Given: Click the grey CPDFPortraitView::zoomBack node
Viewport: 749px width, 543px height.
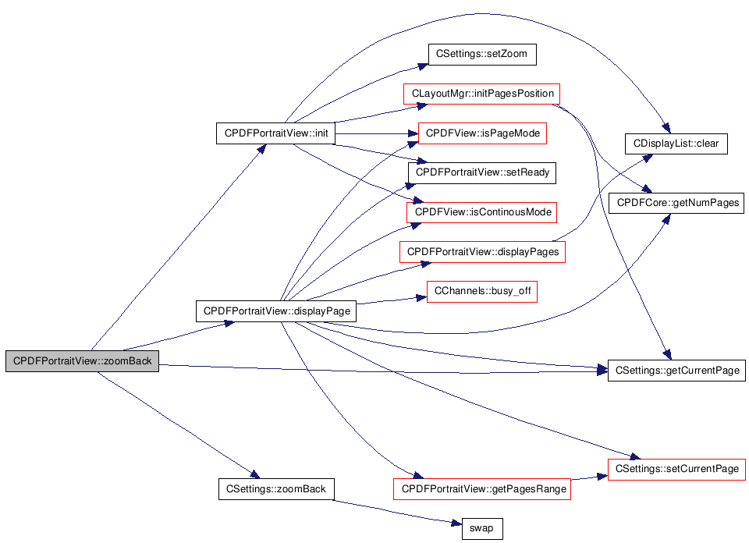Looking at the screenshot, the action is tap(82, 361).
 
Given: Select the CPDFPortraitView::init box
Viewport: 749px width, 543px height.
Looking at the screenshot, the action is tap(275, 133).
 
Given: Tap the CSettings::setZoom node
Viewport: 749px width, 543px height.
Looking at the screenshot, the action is tap(482, 54).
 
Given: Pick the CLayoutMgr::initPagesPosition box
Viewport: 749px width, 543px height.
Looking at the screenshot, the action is tap(482, 94).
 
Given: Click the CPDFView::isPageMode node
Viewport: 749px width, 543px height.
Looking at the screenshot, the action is tap(482, 133).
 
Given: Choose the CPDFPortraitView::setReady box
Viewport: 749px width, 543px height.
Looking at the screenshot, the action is tap(482, 172).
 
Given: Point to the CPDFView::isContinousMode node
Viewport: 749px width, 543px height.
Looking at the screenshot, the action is tap(482, 212).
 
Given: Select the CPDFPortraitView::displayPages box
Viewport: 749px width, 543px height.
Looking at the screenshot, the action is tap(482, 252).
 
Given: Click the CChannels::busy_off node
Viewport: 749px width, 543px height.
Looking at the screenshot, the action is tap(482, 291).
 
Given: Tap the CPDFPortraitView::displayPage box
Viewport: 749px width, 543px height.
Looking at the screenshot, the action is tap(276, 311).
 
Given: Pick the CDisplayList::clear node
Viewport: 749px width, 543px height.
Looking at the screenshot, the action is tap(676, 144).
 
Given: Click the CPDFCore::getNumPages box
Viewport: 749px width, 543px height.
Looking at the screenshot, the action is tap(676, 203).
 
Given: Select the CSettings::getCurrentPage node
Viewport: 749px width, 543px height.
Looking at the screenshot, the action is tap(676, 371).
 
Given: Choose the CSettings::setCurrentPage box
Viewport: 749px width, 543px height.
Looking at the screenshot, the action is tap(676, 469).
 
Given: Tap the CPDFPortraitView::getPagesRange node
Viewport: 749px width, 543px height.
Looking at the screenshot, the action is tap(482, 489).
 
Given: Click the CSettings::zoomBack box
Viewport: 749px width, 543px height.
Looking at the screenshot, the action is tap(276, 489).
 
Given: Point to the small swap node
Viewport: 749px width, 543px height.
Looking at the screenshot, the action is tap(482, 529).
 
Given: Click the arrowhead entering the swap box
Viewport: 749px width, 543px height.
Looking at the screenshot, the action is tap(457, 523).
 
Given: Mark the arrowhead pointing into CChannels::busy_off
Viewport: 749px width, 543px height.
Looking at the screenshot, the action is tap(421, 298).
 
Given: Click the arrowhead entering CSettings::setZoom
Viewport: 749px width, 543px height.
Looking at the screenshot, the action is tap(423, 66).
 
